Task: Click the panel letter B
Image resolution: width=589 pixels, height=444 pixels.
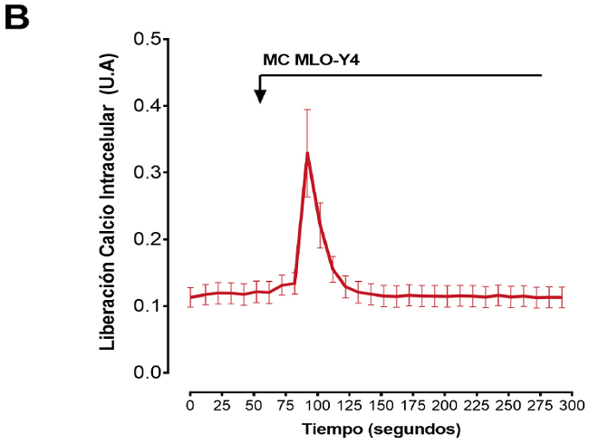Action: click(x=19, y=18)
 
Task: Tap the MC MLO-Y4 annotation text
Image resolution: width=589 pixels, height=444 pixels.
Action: click(x=310, y=61)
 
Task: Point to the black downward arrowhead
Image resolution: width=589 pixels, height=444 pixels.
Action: click(x=260, y=96)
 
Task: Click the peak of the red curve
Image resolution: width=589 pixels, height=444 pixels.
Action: click(x=307, y=153)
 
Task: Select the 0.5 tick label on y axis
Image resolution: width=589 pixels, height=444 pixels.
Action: click(x=147, y=40)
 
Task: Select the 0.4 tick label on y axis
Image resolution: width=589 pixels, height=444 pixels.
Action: click(x=147, y=106)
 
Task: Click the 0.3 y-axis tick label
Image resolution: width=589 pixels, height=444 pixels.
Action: click(x=147, y=172)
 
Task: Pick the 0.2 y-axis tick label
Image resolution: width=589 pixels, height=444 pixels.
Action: click(x=147, y=239)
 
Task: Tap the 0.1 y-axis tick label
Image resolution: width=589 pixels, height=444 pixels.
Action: click(x=147, y=306)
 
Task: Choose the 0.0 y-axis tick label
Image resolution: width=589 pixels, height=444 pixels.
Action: click(x=147, y=372)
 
